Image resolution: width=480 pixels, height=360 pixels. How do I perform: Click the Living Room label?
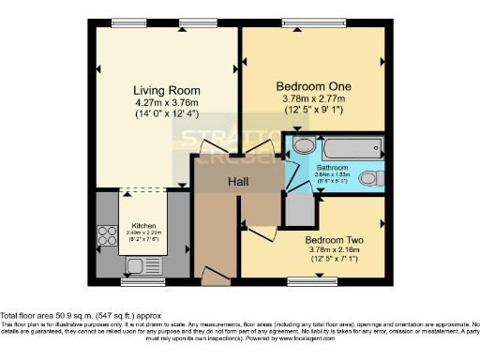[165, 91]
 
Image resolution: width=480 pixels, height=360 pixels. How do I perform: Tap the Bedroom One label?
[313, 82]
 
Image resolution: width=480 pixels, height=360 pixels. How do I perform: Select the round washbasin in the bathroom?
[302, 147]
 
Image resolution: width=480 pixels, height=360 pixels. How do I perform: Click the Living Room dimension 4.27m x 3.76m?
[165, 103]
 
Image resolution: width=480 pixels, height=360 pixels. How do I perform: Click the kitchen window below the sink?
[141, 280]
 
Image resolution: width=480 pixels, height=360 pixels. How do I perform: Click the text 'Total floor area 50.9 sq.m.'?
[56, 316]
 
